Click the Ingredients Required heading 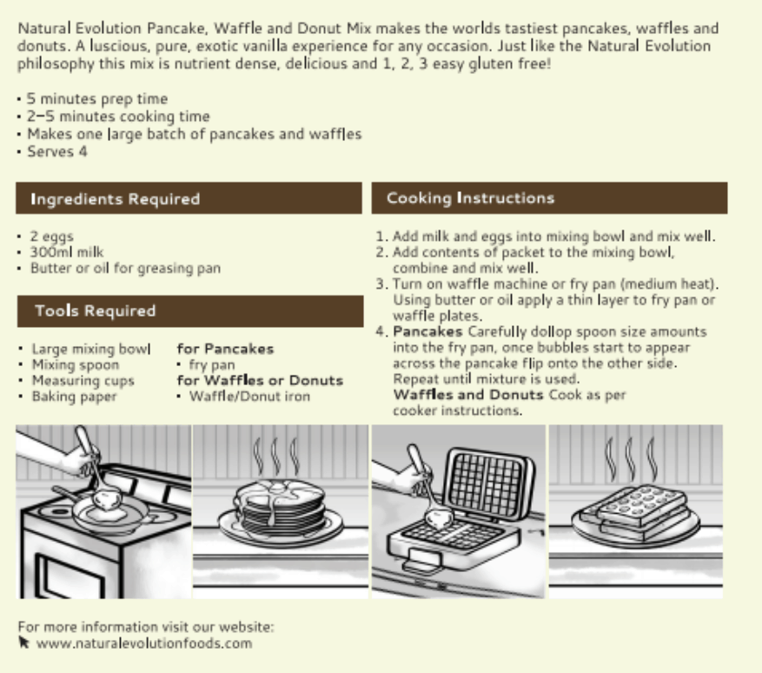116,199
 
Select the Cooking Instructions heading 470,198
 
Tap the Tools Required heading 96,310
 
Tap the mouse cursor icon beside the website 23,643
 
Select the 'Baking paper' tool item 74,396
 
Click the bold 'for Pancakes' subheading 225,349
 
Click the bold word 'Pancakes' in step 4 421,332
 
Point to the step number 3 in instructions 381,284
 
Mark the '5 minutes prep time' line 97,99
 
